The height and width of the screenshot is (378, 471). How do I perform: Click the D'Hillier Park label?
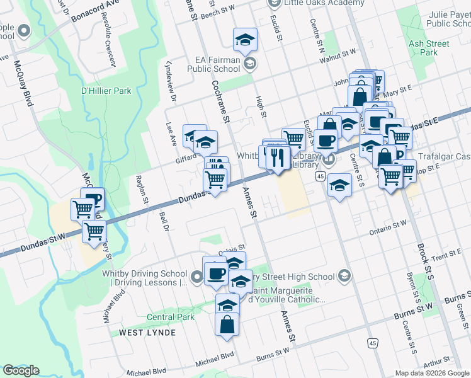point(106,91)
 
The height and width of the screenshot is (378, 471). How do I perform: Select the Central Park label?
point(170,317)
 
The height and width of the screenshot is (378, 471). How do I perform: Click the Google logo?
point(21,370)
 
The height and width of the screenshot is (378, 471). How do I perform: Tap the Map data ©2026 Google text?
point(432,373)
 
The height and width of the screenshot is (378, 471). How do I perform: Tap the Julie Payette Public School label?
point(438,19)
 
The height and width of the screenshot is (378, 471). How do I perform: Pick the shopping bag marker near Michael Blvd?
point(227,325)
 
